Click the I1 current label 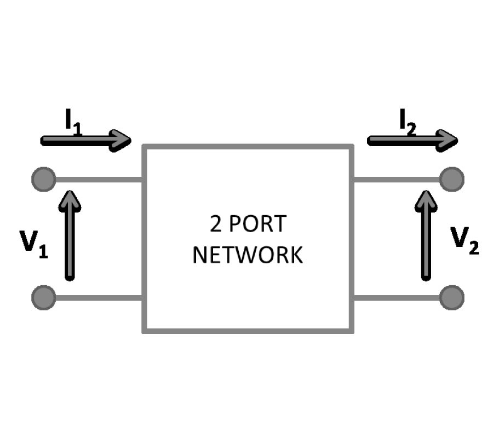(x=73, y=122)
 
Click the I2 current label (x=407, y=122)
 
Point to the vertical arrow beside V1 (x=70, y=235)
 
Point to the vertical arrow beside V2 (x=426, y=235)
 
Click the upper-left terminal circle (x=43, y=179)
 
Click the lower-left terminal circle (x=43, y=298)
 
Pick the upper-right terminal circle (x=451, y=179)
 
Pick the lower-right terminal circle (x=451, y=298)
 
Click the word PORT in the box (x=257, y=224)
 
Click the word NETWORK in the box (x=248, y=255)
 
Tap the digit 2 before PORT (x=216, y=224)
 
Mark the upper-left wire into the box (x=99, y=179)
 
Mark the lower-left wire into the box (x=99, y=298)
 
